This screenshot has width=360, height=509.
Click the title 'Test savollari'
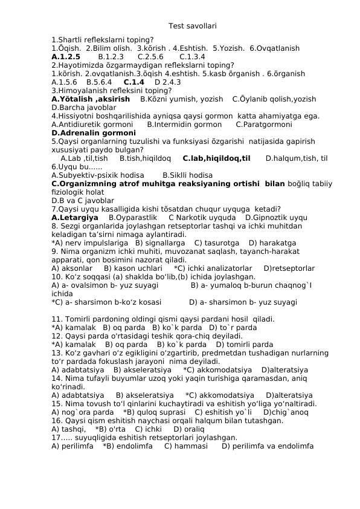tap(193, 26)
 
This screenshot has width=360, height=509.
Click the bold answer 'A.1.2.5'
tap(66, 57)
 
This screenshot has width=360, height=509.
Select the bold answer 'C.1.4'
tap(133, 82)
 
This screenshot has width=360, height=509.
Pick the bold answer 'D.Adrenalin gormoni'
tap(94, 133)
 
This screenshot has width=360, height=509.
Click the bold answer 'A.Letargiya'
tap(75, 217)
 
